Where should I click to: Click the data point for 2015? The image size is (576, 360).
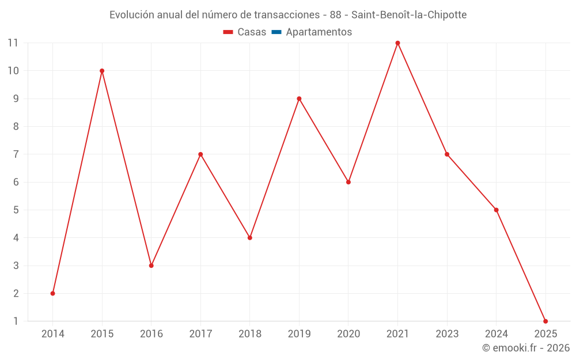102,71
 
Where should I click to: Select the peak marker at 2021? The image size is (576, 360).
397,43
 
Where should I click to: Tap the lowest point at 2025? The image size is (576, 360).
545,321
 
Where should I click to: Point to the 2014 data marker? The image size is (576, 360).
52,293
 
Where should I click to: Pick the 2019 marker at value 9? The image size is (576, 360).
299,98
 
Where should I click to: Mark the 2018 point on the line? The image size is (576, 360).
250,238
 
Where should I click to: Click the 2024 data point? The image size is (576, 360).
496,210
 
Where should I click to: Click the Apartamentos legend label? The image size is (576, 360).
319,32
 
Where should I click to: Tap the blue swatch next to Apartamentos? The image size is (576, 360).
276,32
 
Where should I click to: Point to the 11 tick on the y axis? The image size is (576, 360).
13,43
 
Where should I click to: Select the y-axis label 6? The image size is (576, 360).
16,182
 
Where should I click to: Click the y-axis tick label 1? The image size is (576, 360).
16,321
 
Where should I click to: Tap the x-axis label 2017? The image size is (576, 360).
200,334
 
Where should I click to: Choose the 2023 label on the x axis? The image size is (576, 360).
447,334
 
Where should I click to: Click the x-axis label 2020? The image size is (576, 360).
348,334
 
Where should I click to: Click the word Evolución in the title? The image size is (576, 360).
132,15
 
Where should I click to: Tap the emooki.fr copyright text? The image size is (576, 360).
526,348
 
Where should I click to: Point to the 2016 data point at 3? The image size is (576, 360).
151,266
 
